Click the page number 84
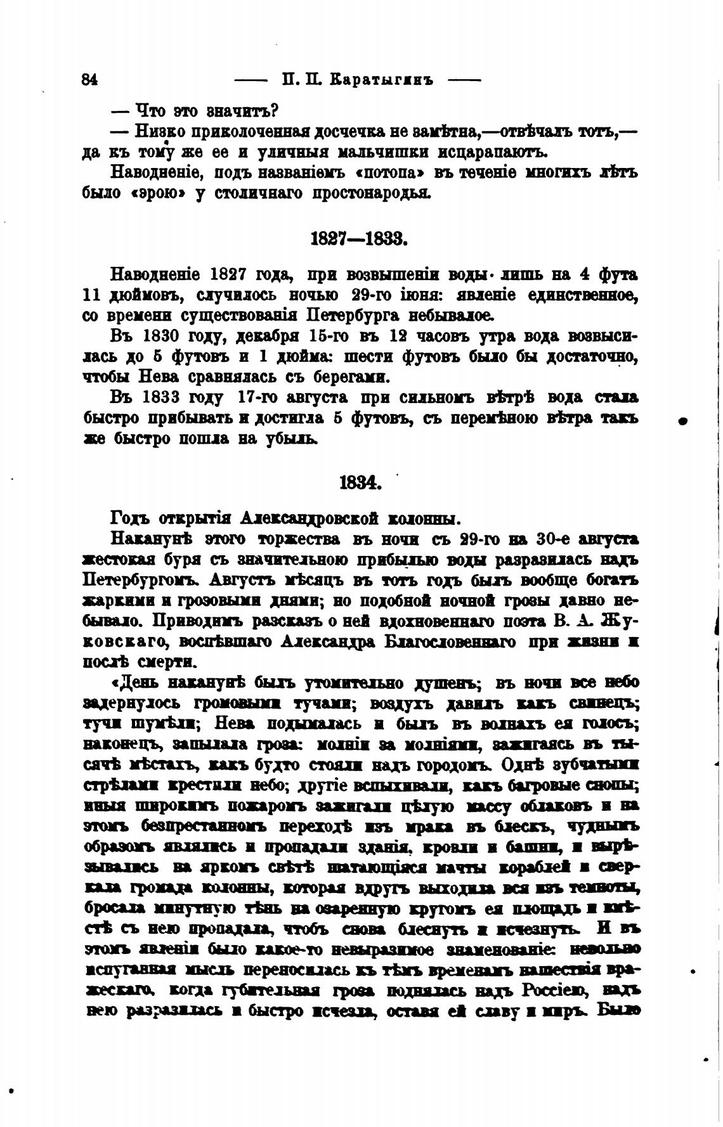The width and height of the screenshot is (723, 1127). pos(89,80)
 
